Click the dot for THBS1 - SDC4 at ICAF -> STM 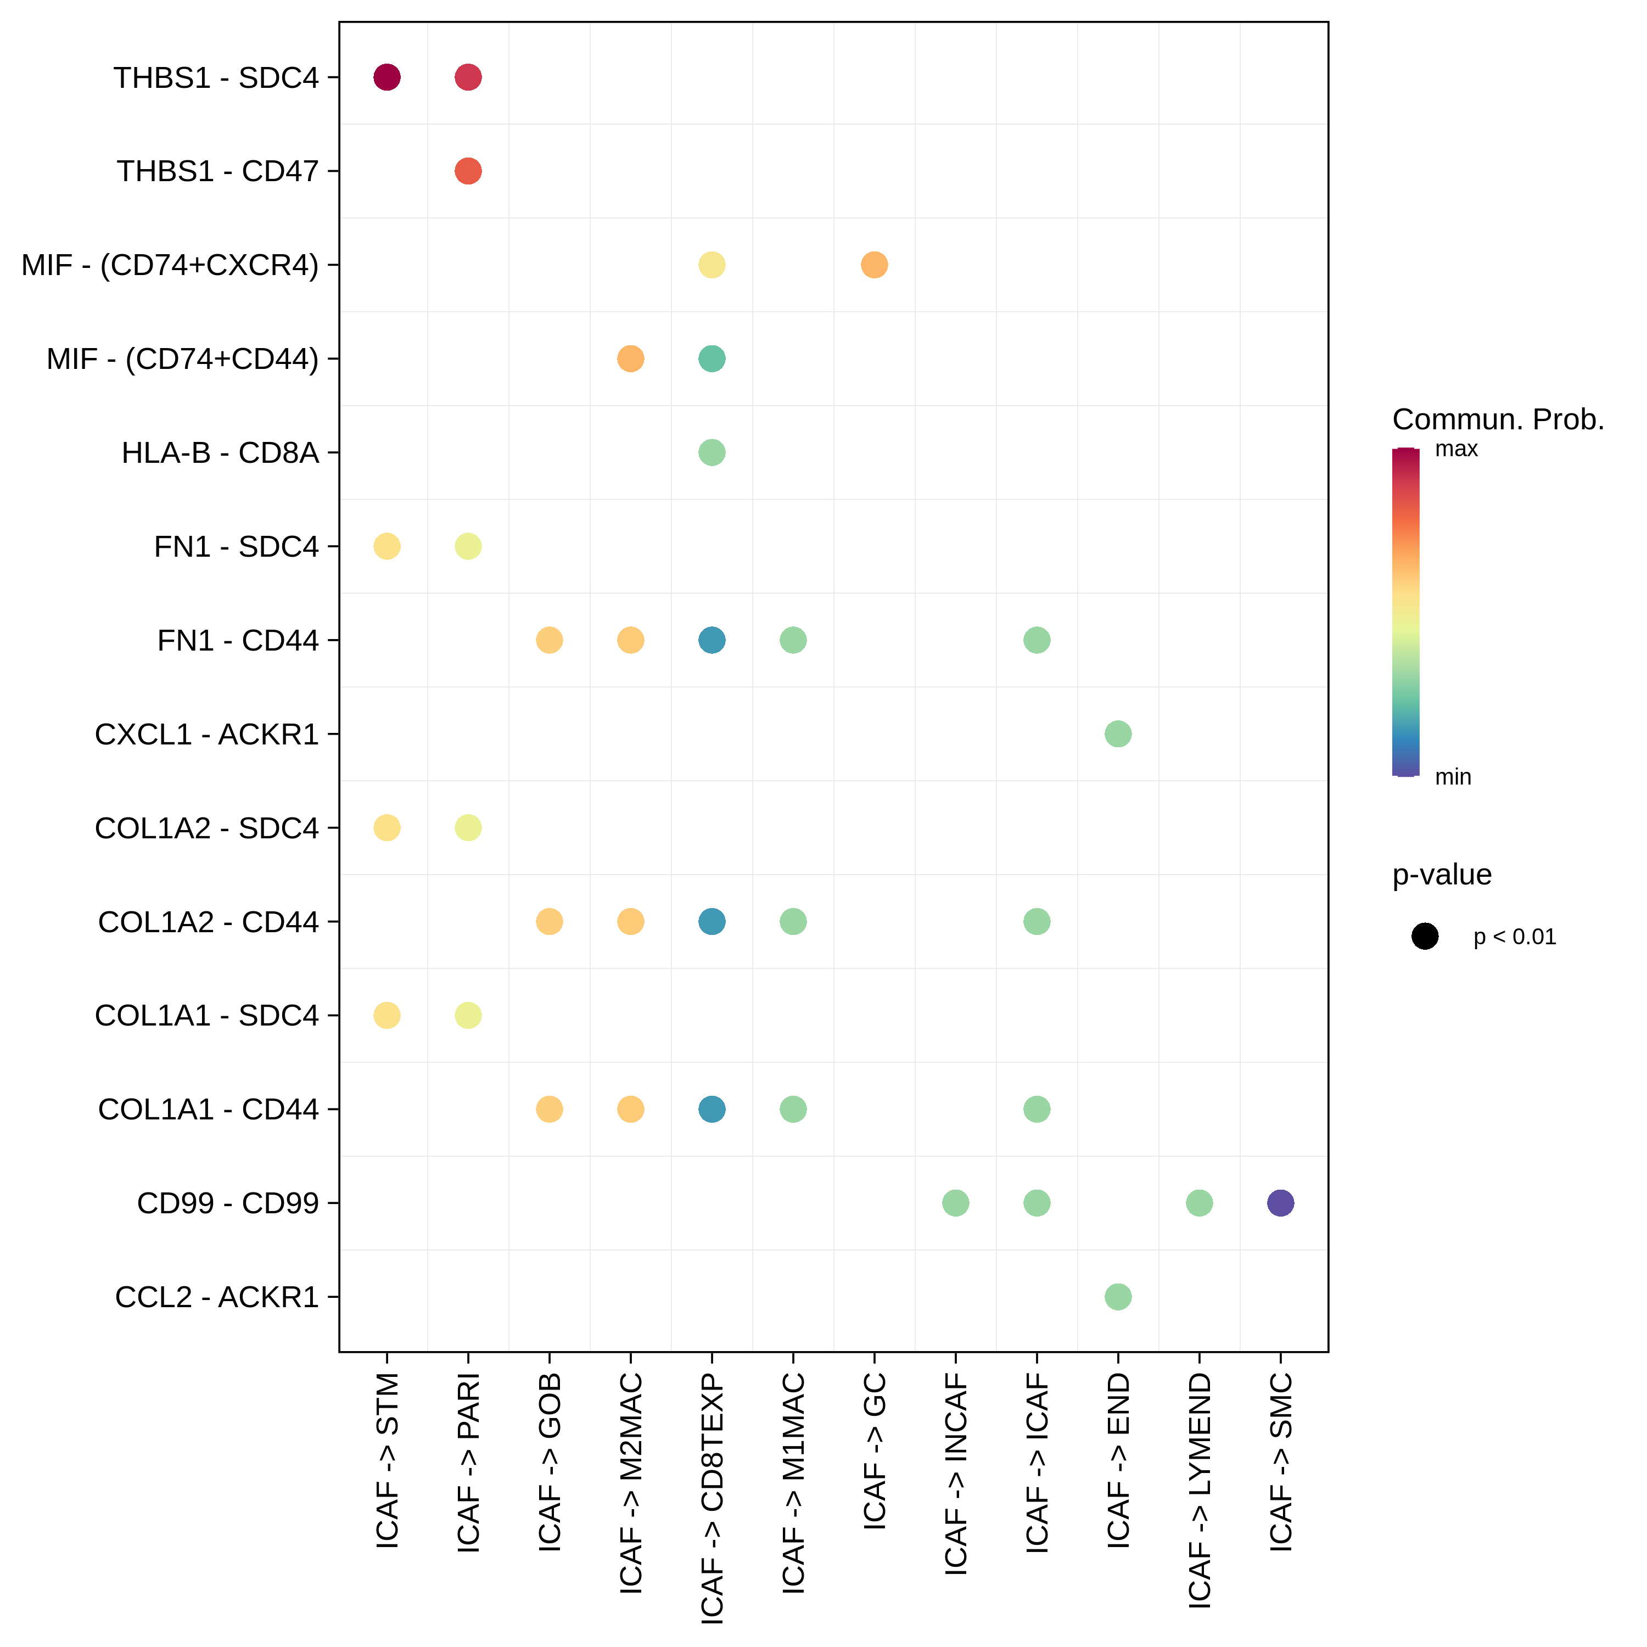pyautogui.click(x=387, y=77)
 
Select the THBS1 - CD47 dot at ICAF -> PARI pyautogui.click(x=468, y=171)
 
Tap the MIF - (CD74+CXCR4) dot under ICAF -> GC pyautogui.click(x=874, y=265)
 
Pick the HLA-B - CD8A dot pyautogui.click(x=712, y=453)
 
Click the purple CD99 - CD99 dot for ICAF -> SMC pyautogui.click(x=1280, y=1203)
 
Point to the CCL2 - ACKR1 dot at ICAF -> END pyautogui.click(x=1118, y=1297)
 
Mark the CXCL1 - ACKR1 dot pyautogui.click(x=1118, y=734)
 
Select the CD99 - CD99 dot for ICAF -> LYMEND pyautogui.click(x=1198, y=1203)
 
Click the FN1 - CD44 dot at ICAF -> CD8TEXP pyautogui.click(x=712, y=640)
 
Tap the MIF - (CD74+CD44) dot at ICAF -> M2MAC pyautogui.click(x=630, y=359)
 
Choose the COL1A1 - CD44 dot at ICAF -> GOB pyautogui.click(x=549, y=1109)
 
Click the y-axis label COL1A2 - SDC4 pyautogui.click(x=206, y=828)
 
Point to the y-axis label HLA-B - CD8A pyautogui.click(x=220, y=453)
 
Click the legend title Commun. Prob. pyautogui.click(x=1498, y=419)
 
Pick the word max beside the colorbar pyautogui.click(x=1456, y=449)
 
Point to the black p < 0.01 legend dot pyautogui.click(x=1425, y=936)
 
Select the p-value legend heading pyautogui.click(x=1442, y=875)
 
